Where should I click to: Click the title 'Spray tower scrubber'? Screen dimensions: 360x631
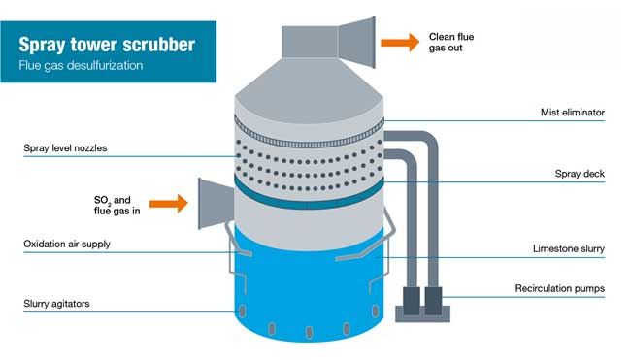click(108, 45)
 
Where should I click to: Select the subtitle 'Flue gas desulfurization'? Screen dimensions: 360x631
click(81, 66)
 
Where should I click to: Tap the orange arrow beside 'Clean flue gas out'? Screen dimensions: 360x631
click(400, 42)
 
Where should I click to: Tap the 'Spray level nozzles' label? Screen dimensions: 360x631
click(65, 148)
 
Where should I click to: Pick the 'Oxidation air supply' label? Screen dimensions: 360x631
click(67, 244)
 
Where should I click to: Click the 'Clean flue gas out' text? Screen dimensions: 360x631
click(451, 42)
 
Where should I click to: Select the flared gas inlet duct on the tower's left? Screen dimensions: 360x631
click(215, 204)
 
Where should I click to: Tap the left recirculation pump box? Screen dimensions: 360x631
click(410, 301)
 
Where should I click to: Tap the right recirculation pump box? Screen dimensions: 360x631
click(433, 299)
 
